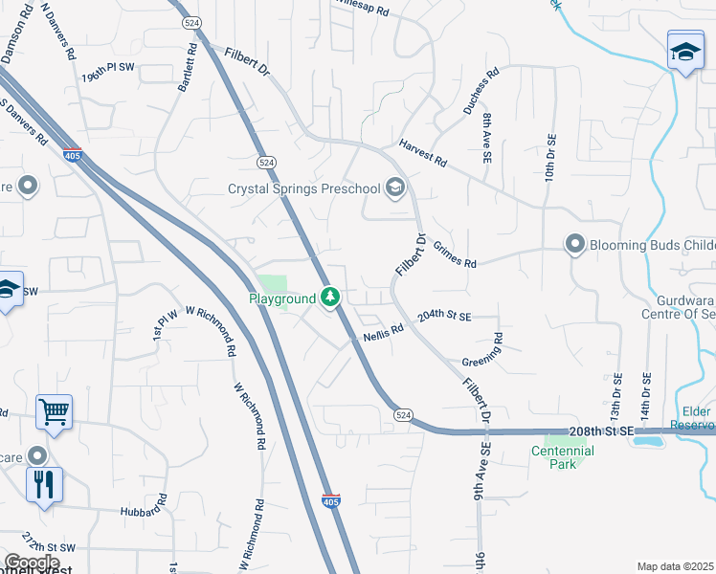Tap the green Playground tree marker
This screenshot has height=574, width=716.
click(330, 298)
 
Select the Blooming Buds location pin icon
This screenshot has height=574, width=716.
click(574, 245)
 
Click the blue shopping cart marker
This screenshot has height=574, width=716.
click(55, 413)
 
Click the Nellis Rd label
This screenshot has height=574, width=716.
click(384, 332)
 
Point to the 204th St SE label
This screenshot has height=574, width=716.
click(444, 316)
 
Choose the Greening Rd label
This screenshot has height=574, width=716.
click(482, 351)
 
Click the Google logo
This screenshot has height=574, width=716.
click(32, 563)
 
